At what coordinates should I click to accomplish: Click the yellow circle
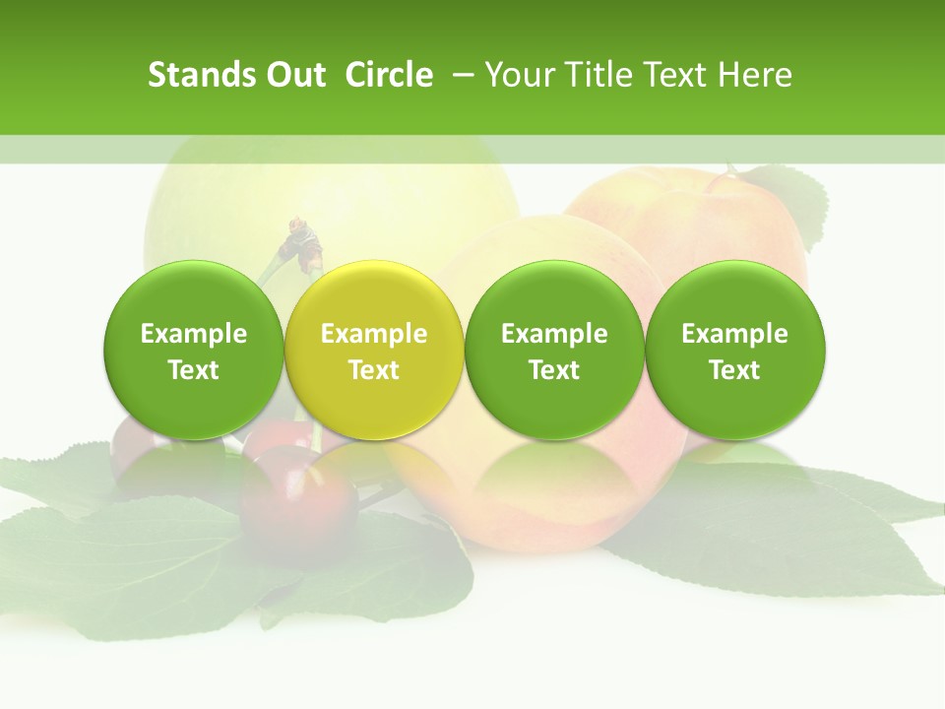[x=374, y=351]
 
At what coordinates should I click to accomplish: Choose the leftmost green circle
[x=194, y=351]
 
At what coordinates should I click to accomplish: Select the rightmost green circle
[x=735, y=351]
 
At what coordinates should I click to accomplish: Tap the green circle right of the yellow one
[x=554, y=351]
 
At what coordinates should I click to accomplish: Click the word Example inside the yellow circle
[x=374, y=334]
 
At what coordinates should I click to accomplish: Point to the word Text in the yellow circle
[x=374, y=370]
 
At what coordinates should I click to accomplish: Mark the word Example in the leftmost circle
[x=194, y=334]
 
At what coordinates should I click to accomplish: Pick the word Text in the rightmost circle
[x=735, y=370]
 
